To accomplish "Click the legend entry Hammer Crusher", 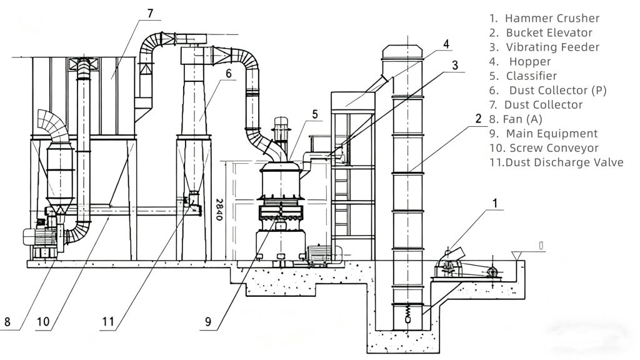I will click(544, 18).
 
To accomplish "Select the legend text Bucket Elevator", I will click(541, 32).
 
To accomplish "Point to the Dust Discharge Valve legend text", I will click(556, 162).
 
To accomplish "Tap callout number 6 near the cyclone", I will click(229, 73).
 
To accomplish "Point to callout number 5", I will click(315, 114).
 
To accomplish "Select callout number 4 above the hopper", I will click(446, 44).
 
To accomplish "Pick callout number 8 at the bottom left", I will click(7, 323).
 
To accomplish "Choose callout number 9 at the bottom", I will click(208, 323).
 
